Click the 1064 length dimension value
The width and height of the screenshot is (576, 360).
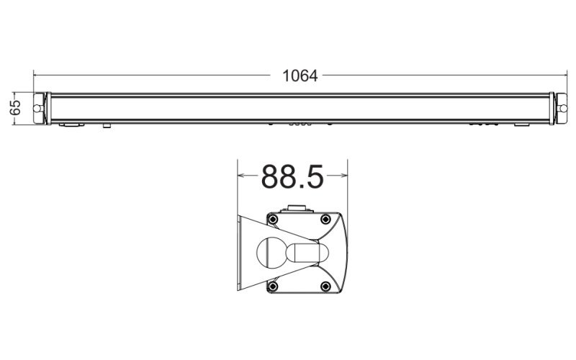click(x=300, y=76)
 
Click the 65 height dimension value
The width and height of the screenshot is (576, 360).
click(x=15, y=108)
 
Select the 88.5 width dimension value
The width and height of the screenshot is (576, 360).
click(x=292, y=176)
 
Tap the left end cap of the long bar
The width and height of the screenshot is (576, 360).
click(x=41, y=108)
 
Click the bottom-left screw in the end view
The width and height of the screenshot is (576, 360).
click(x=273, y=287)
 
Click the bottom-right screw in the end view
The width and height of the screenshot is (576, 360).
click(x=327, y=287)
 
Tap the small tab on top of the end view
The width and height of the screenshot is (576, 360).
click(x=297, y=210)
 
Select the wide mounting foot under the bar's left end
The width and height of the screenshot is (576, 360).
click(x=70, y=125)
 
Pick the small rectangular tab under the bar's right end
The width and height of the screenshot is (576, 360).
click(x=520, y=125)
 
